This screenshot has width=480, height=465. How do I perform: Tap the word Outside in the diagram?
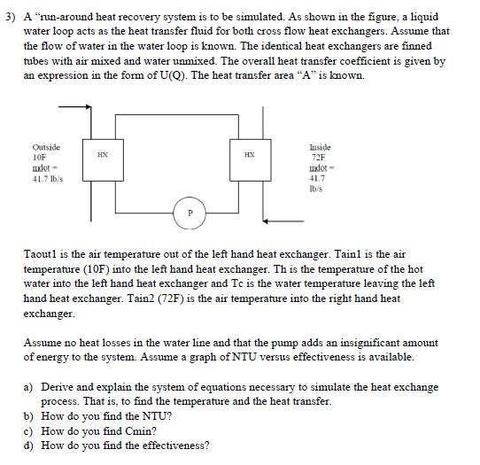46,146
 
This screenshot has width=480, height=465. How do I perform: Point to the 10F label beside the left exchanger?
41,157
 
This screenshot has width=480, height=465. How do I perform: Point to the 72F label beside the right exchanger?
318,157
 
